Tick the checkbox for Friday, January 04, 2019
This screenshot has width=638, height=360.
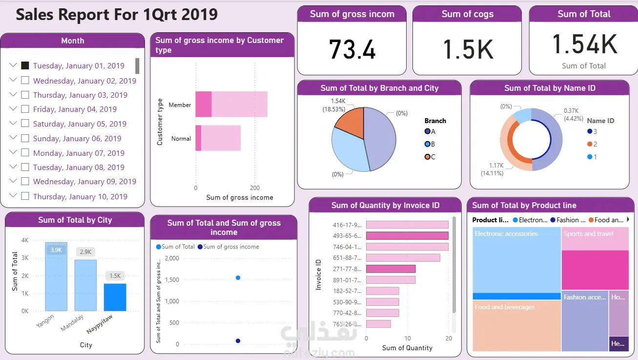(25, 109)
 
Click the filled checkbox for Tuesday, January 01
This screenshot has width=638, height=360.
(25, 65)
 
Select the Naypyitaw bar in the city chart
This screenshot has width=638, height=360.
(115, 297)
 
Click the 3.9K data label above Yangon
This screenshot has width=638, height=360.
(56, 250)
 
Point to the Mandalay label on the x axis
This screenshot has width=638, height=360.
(72, 323)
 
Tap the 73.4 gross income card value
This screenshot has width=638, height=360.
(352, 49)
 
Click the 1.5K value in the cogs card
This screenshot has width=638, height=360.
(468, 49)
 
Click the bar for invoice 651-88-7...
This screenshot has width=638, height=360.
(403, 257)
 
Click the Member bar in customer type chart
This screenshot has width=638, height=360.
(231, 104)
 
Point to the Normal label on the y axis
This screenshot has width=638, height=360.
(181, 139)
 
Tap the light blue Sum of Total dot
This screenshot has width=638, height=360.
(238, 277)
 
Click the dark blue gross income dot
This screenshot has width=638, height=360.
(238, 341)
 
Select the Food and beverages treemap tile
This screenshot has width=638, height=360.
(516, 325)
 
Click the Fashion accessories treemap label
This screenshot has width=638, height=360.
(584, 297)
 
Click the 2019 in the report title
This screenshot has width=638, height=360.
(199, 15)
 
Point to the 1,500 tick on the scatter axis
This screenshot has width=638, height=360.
(170, 280)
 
